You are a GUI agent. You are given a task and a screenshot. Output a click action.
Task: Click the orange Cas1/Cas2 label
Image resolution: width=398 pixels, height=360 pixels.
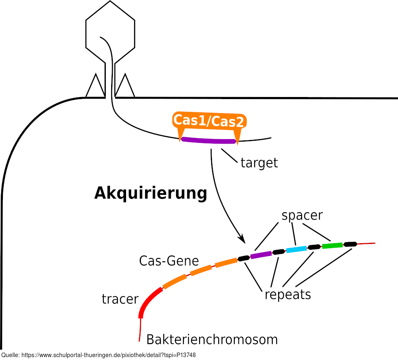pyautogui.click(x=209, y=121)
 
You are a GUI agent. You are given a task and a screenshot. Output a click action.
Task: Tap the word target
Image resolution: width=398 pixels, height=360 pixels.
pyautogui.click(x=259, y=163)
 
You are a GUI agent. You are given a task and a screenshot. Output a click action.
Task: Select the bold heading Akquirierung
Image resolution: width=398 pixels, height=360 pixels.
pyautogui.click(x=150, y=193)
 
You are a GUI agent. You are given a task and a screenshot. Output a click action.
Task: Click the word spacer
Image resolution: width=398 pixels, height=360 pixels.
pyautogui.click(x=302, y=215)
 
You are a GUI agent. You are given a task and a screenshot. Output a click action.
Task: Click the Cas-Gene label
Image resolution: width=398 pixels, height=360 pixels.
pyautogui.click(x=169, y=261)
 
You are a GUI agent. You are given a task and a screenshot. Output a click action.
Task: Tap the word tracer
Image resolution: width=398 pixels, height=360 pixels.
pyautogui.click(x=120, y=298)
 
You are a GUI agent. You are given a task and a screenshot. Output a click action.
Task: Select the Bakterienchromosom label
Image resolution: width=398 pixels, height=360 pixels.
pyautogui.click(x=212, y=339)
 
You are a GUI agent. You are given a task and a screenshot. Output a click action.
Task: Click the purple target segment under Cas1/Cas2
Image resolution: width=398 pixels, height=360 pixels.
pyautogui.click(x=209, y=140)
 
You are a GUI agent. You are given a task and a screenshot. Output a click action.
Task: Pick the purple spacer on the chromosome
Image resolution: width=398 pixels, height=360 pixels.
pyautogui.click(x=261, y=255)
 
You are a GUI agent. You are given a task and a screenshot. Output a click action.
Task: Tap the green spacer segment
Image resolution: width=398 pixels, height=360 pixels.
pyautogui.click(x=332, y=245)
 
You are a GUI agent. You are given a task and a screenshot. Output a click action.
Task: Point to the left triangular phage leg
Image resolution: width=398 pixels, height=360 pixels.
pyautogui.click(x=95, y=87)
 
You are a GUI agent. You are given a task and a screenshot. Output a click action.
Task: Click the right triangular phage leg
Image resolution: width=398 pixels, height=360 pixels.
pyautogui.click(x=125, y=87)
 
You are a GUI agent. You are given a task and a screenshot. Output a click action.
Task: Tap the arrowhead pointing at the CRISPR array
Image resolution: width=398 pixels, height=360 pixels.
pyautogui.click(x=242, y=239)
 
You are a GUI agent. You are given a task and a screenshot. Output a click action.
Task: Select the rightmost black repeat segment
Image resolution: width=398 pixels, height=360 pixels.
pyautogui.click(x=350, y=244)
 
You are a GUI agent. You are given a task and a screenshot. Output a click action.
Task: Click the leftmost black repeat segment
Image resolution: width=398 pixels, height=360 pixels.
pyautogui.click(x=244, y=258)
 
